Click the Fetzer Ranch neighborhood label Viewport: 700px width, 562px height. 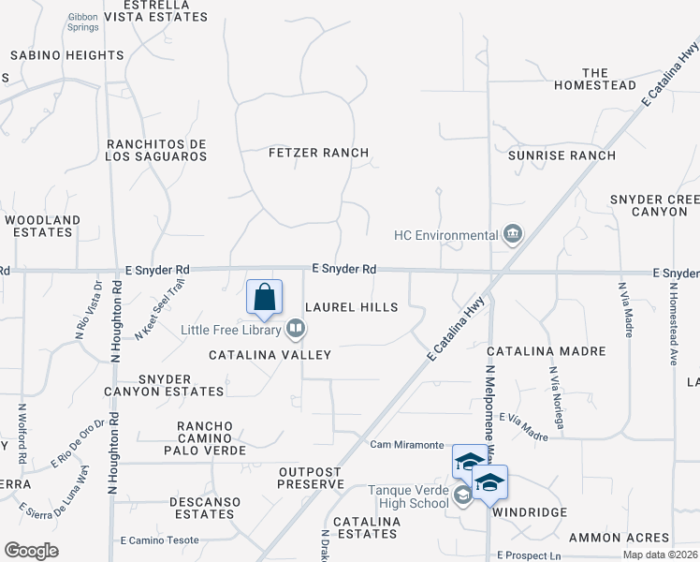[318, 153]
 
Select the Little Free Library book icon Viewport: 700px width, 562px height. [296, 328]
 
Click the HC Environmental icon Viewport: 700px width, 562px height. [513, 234]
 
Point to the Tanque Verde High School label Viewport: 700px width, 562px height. [408, 496]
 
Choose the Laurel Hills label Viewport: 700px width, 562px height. [352, 307]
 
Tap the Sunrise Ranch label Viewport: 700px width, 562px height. [561, 155]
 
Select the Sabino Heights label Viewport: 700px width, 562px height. [67, 56]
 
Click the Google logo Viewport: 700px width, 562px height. [31, 550]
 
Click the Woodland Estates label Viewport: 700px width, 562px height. [42, 226]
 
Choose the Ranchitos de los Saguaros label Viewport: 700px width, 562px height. [156, 150]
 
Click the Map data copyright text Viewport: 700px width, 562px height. [661, 555]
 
